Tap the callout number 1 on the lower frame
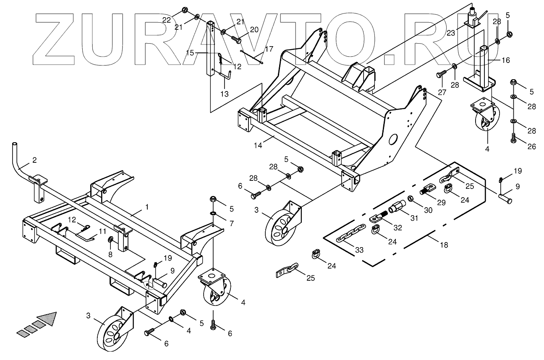tap(147, 207)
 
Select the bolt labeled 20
tap(236, 39)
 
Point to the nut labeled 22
tap(185, 10)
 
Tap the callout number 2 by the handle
tap(34, 160)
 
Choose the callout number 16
tap(505, 60)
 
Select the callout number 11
tap(103, 231)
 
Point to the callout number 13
tap(225, 94)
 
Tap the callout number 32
tap(398, 228)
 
